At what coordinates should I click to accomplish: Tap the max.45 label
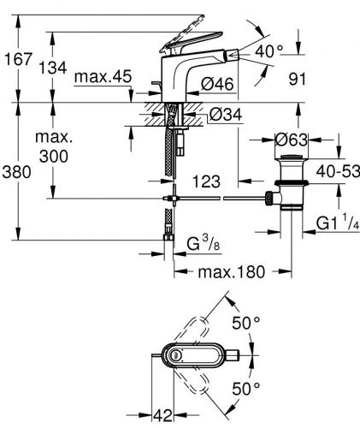pos(102,78)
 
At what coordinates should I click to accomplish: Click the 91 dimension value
pos(321,79)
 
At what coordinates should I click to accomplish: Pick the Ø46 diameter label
pos(219,83)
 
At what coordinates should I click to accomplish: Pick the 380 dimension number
pos(18,171)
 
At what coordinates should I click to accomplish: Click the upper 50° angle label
pos(245,323)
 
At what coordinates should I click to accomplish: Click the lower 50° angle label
pos(245,389)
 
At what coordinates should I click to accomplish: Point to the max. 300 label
pos(56,147)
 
